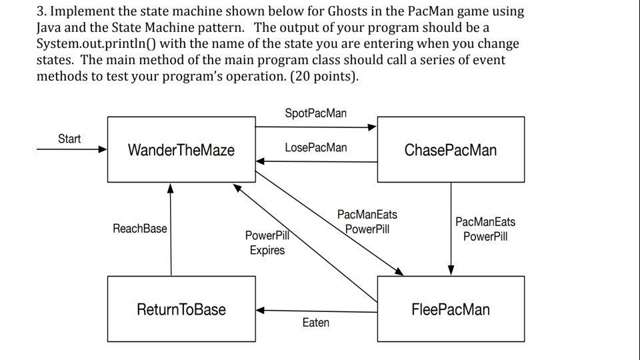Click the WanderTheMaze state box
click(181, 149)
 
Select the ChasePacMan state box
click(450, 149)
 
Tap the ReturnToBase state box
click(181, 309)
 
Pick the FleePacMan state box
click(450, 309)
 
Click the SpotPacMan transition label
click(315, 113)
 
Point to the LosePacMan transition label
click(315, 147)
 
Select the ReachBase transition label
click(140, 229)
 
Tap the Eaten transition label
click(315, 323)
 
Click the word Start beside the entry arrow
click(69, 139)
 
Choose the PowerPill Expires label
click(267, 243)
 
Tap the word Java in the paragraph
click(50, 29)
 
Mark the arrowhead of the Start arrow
click(103, 149)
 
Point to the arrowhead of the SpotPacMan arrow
click(373, 127)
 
